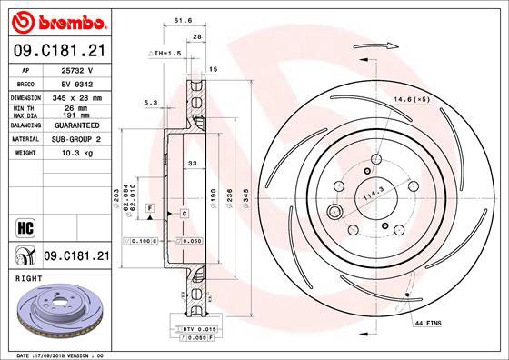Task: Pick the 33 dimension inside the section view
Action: [192, 164]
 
